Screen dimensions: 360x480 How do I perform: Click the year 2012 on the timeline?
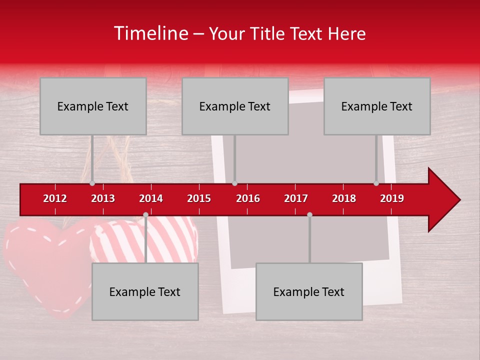click(x=55, y=198)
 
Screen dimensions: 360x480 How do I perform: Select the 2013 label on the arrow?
click(x=103, y=198)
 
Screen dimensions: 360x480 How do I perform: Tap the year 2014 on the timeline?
click(x=151, y=198)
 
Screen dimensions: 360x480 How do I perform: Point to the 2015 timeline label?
click(x=199, y=198)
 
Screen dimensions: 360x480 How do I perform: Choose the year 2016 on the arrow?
click(x=248, y=198)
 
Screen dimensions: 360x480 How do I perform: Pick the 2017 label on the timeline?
click(x=296, y=198)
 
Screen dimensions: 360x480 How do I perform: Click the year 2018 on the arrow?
click(x=344, y=198)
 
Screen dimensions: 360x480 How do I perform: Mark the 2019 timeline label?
click(x=392, y=198)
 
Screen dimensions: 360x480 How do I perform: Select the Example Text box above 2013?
click(x=93, y=106)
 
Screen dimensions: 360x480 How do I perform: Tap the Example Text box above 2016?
click(x=235, y=106)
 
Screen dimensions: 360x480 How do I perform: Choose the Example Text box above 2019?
click(x=377, y=106)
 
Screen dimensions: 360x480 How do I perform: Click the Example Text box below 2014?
click(x=145, y=292)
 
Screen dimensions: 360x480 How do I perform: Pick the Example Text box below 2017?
click(x=309, y=292)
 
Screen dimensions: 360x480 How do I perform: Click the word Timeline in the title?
click(x=150, y=33)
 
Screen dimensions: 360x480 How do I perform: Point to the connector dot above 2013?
click(x=92, y=183)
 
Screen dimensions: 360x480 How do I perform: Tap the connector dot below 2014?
click(x=145, y=214)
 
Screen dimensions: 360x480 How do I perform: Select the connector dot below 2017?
click(x=309, y=214)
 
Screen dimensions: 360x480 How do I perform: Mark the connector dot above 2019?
click(x=376, y=183)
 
